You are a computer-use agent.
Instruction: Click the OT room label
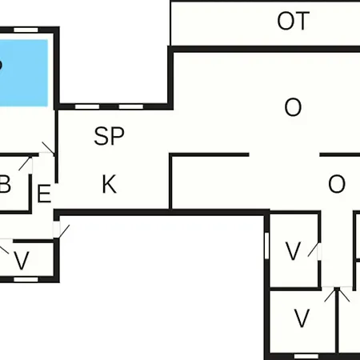[x=294, y=21]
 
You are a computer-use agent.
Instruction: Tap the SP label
[x=109, y=136]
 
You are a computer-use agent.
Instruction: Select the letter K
[x=110, y=184]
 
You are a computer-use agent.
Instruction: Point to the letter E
[x=44, y=194]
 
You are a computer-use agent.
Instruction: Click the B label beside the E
[x=5, y=184]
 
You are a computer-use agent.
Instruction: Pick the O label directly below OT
[x=293, y=107]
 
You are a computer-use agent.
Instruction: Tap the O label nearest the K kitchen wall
[x=337, y=184]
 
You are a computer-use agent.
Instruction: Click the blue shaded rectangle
[x=24, y=73]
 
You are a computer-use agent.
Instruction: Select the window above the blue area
[x=26, y=30]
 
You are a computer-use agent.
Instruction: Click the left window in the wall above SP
[x=87, y=107]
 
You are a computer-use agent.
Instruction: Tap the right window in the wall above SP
[x=131, y=107]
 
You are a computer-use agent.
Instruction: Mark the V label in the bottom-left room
[x=22, y=260]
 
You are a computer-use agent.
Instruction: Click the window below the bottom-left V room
[x=26, y=279]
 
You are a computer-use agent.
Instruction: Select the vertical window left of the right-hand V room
[x=266, y=246]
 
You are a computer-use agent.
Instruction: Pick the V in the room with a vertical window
[x=293, y=250]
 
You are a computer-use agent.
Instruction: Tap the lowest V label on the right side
[x=302, y=318]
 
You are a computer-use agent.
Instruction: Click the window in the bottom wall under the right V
[x=306, y=356]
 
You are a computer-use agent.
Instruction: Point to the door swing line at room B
[x=25, y=163]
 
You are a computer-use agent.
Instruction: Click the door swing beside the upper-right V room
[x=313, y=250]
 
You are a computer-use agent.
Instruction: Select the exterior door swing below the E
[x=64, y=231]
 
